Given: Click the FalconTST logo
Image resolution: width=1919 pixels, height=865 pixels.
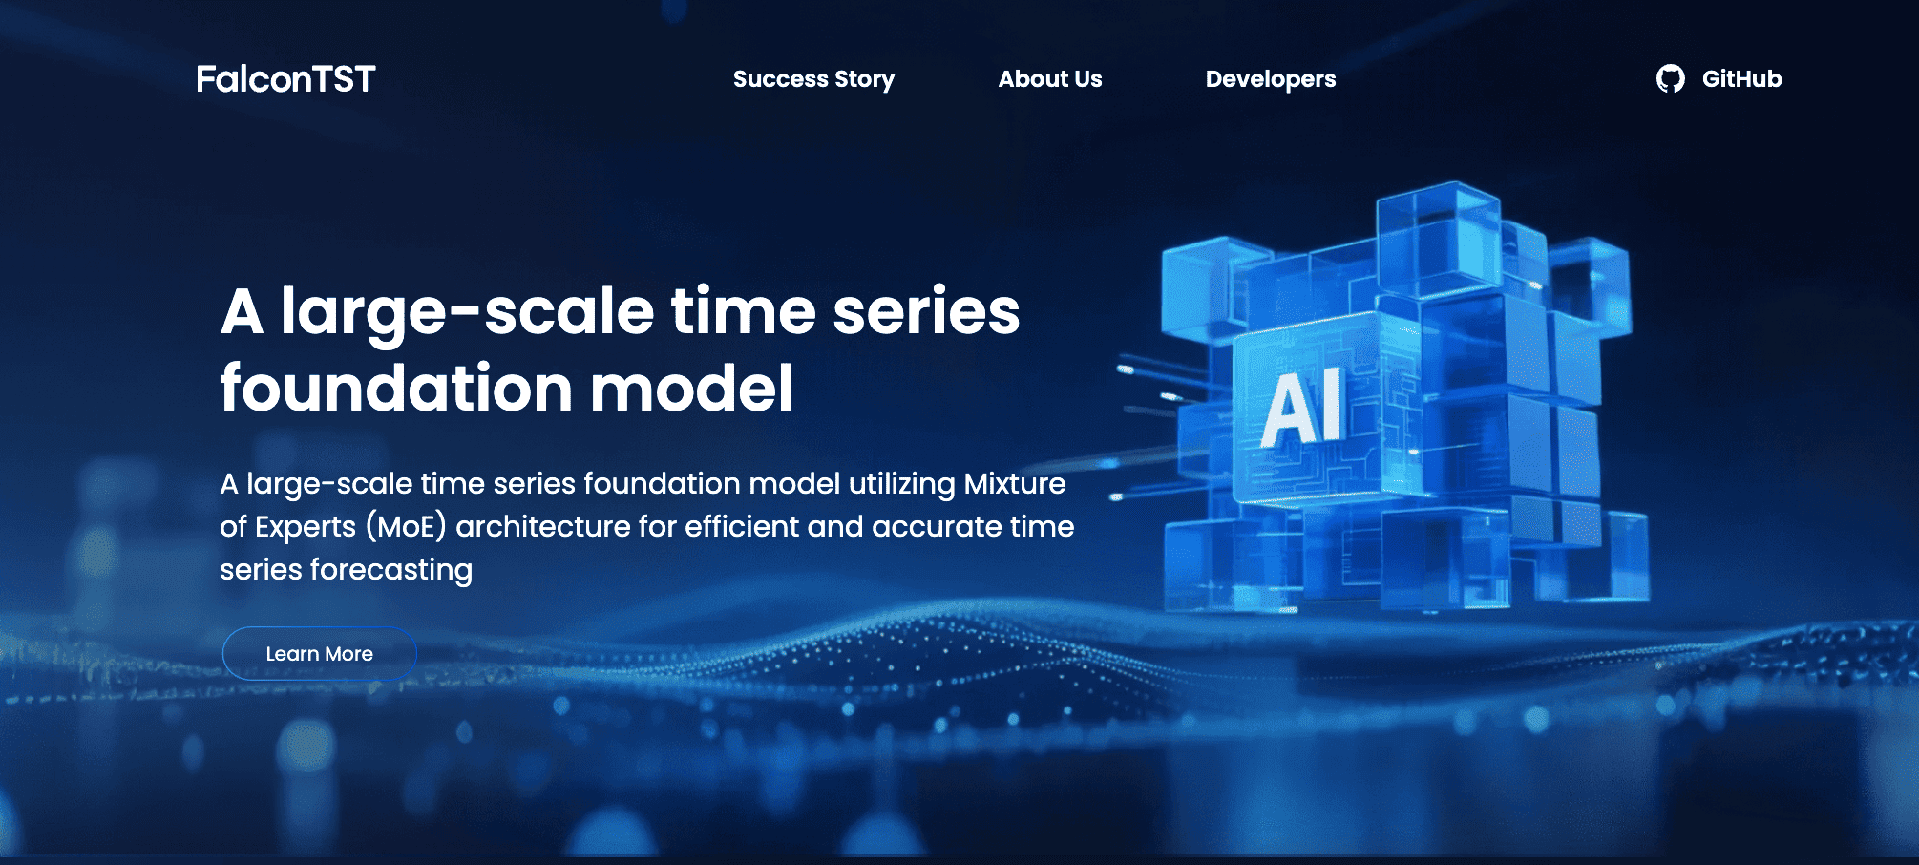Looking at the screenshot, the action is click(285, 78).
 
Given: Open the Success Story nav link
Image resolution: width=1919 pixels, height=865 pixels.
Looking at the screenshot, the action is click(813, 79).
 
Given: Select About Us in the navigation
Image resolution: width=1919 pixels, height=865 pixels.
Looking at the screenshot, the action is click(1050, 78).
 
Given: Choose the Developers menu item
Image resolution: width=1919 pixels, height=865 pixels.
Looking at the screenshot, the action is click(1271, 79).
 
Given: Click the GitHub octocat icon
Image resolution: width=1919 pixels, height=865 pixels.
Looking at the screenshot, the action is click(1670, 78).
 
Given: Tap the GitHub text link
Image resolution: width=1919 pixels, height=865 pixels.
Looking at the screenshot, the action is click(1741, 78).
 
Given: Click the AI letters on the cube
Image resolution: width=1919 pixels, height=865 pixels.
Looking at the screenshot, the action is click(1304, 408).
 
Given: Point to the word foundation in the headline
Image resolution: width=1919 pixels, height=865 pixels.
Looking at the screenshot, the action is click(396, 388).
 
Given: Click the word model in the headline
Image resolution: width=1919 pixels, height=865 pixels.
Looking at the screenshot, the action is click(691, 388).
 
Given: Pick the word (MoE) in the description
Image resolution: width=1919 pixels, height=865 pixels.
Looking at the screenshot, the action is click(407, 526).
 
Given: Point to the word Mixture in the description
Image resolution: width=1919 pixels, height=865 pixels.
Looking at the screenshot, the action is click(1015, 483).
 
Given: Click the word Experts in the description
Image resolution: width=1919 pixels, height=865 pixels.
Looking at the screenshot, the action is click(306, 527).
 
